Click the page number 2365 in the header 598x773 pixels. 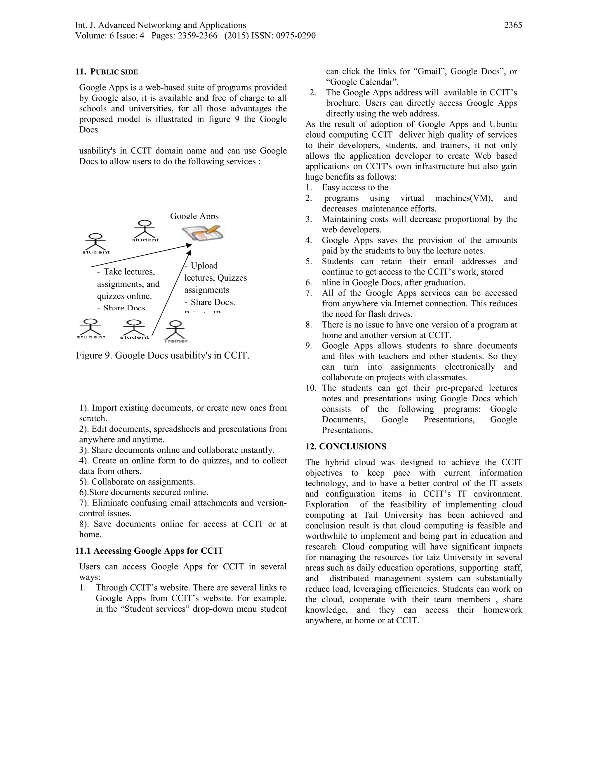(513, 25)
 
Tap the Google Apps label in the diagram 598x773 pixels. (194, 216)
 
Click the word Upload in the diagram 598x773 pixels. (204, 266)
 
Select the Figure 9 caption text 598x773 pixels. (163, 355)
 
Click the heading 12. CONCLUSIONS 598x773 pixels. (346, 447)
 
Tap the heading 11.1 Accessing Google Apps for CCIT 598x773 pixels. (149, 551)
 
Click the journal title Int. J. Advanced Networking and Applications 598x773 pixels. (161, 25)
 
